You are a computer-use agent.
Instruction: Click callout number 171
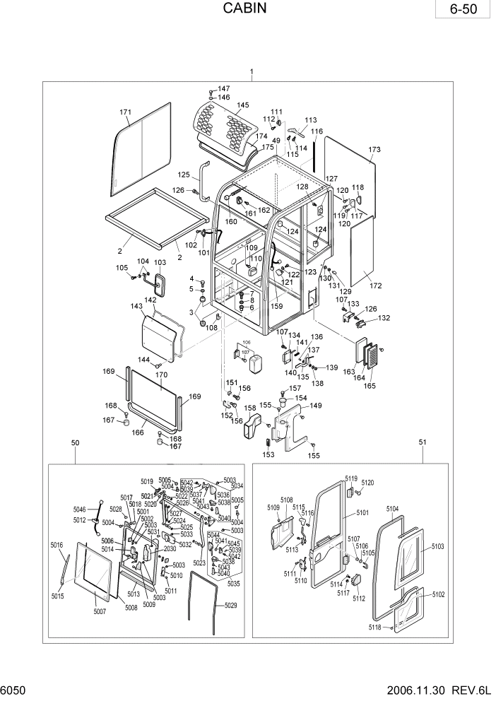pyautogui.click(x=126, y=113)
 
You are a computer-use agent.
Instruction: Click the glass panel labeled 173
pyautogui.click(x=349, y=177)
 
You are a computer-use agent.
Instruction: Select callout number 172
pyautogui.click(x=374, y=286)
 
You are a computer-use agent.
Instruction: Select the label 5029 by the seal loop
pyautogui.click(x=231, y=606)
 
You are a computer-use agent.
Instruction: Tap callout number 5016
pyautogui.click(x=57, y=546)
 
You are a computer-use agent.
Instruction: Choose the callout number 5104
pyautogui.click(x=393, y=509)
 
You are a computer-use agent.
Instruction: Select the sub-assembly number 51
pyautogui.click(x=423, y=442)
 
